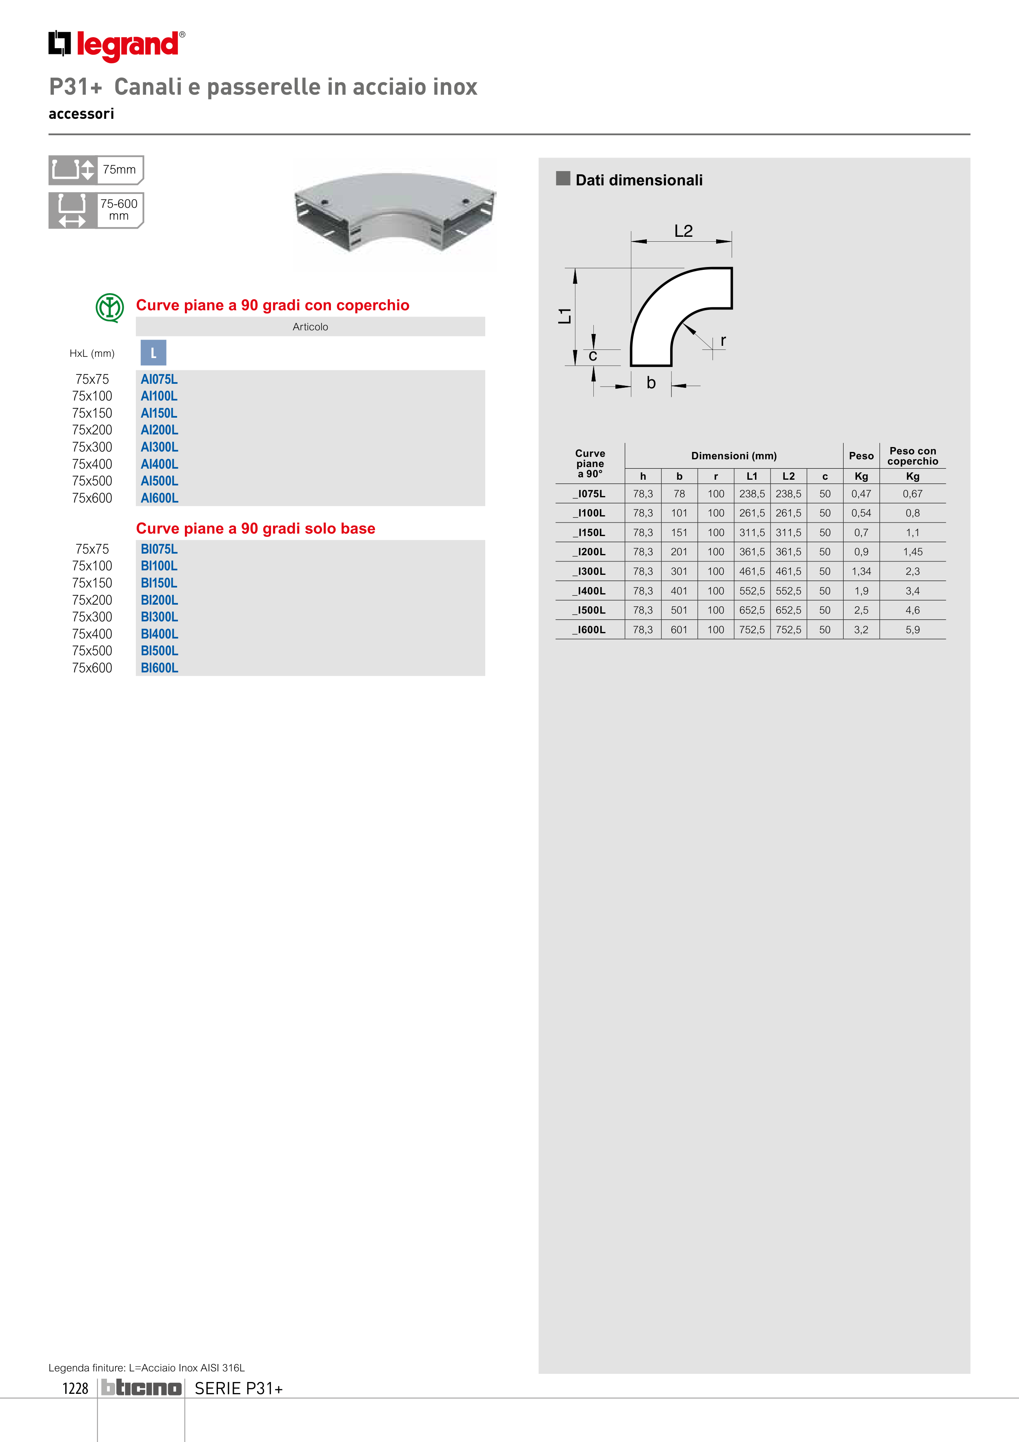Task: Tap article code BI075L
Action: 159,549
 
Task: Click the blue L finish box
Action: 153,353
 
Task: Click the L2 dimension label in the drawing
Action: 683,231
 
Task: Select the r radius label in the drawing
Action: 723,340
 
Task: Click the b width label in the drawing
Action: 651,383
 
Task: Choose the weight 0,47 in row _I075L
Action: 861,494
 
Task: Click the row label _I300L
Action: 590,572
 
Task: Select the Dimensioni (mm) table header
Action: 733,456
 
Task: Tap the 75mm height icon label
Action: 119,169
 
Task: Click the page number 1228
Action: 75,1389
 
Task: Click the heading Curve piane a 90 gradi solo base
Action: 255,529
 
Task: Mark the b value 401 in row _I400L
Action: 679,591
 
